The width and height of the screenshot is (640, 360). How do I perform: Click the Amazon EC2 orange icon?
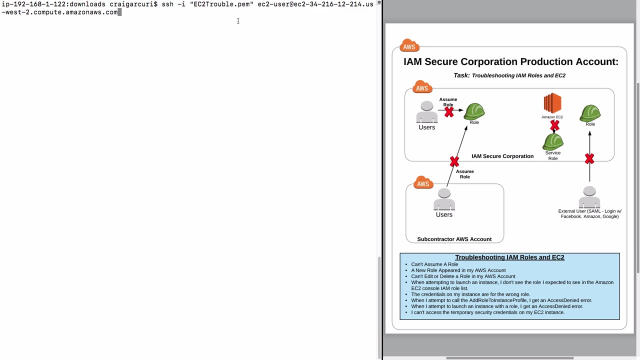pos(552,103)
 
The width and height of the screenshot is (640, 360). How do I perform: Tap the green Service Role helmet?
pos(553,141)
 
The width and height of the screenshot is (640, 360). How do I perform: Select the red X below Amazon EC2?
pos(554,125)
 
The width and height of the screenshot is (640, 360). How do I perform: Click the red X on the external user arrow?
pos(589,159)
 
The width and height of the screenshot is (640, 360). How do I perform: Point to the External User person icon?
pos(589,197)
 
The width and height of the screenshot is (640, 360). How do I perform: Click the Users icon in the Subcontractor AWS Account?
pos(444,199)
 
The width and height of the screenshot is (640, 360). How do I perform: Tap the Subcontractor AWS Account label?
pos(454,239)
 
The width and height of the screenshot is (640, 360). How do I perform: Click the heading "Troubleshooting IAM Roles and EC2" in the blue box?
pos(509,257)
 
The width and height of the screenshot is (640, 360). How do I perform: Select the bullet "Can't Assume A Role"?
pos(434,264)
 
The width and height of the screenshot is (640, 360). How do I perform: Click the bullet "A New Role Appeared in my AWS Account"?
pos(458,270)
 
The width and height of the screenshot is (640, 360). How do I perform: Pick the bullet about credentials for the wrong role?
pos(470,294)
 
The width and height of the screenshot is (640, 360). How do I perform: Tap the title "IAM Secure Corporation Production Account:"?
pos(511,61)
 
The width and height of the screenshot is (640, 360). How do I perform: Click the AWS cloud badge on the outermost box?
pos(409,45)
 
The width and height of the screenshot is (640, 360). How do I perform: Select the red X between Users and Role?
pos(449,112)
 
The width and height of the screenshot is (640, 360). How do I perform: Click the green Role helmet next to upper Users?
pos(474,111)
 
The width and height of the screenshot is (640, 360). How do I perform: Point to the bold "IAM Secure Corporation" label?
pos(502,156)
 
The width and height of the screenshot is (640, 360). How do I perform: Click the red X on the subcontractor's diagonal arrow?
pos(454,161)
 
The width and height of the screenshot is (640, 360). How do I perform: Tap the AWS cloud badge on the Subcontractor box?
pos(423,182)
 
